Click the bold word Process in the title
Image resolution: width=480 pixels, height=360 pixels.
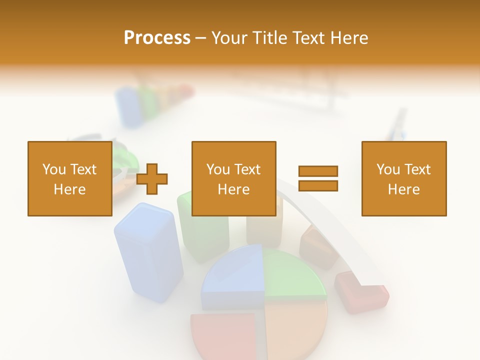[157, 37]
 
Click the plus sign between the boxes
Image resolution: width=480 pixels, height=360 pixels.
[152, 178]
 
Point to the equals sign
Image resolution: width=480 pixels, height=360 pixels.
[318, 178]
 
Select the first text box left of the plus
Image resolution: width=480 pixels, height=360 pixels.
[69, 178]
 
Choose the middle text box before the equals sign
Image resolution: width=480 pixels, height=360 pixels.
[233, 178]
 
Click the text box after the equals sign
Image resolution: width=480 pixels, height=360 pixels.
[403, 178]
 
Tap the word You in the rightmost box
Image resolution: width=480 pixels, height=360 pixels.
[388, 169]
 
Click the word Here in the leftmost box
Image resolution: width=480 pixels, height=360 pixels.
[69, 189]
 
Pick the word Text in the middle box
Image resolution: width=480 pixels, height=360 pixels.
[247, 169]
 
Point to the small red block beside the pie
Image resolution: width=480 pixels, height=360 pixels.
[361, 292]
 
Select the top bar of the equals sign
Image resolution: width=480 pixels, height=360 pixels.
[318, 171]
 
